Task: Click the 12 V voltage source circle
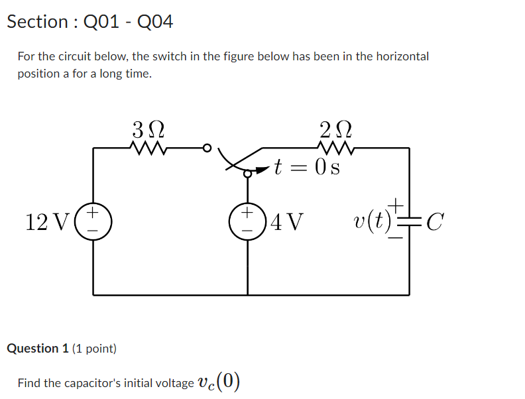coord(93,221)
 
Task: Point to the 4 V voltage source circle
coord(247,221)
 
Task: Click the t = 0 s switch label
coord(308,167)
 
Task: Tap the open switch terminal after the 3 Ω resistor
coord(207,148)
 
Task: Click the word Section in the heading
coord(37,22)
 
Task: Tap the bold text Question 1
coord(38,349)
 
